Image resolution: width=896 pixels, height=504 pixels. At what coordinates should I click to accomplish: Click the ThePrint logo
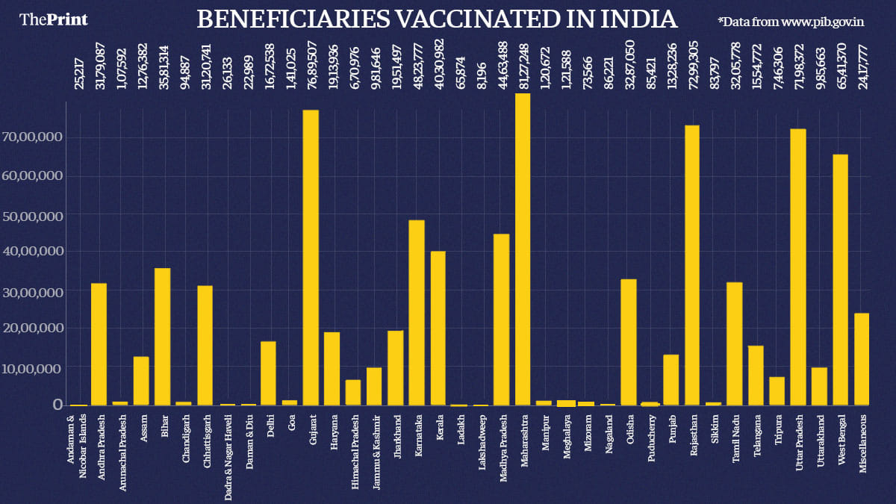(53, 19)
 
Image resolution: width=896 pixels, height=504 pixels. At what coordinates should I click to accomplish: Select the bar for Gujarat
(311, 258)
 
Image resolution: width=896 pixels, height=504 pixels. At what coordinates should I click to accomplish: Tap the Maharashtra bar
(523, 249)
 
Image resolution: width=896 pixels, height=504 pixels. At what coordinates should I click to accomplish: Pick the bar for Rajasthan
(692, 265)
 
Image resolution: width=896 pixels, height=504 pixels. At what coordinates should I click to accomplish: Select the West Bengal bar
(841, 280)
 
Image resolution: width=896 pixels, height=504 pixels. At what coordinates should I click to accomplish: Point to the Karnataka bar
(417, 313)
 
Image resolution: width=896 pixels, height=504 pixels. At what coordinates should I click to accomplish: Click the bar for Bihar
(163, 337)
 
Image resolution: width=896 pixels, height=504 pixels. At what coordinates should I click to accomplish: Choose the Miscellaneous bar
(862, 359)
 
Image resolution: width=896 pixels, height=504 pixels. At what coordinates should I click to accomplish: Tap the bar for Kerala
(438, 329)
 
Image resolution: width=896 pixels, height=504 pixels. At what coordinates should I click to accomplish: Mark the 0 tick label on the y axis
(56, 404)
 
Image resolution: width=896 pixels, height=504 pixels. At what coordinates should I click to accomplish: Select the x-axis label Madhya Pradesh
(503, 449)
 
